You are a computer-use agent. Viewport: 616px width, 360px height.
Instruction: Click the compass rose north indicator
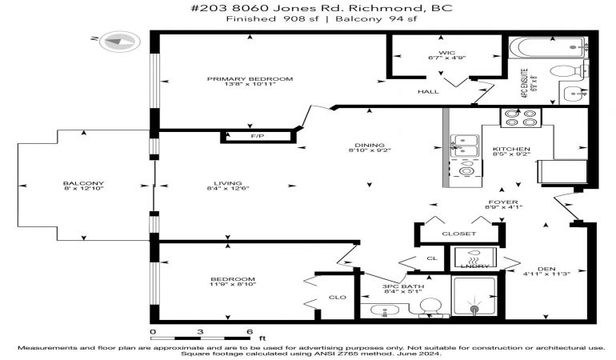pos(119,41)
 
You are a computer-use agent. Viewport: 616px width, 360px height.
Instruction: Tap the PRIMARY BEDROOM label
pos(250,79)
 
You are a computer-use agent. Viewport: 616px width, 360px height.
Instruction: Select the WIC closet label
pos(447,53)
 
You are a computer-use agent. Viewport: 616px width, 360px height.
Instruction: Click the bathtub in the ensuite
pos(549,48)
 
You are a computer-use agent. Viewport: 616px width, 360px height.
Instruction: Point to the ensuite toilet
pos(568,70)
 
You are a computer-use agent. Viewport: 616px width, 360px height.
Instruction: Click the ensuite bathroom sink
pos(574,94)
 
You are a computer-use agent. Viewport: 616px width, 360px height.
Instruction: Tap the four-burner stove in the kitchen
pos(521,118)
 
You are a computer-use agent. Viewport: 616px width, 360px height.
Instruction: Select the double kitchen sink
pos(464,146)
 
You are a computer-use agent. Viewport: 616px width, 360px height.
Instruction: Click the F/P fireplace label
pos(258,136)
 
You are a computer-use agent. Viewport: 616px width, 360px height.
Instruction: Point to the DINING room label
pos(370,145)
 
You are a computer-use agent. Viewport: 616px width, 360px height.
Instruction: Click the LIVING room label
pos(228,183)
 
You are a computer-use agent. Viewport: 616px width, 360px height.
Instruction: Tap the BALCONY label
pos(83,183)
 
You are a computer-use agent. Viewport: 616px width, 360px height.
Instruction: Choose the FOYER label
pos(503,202)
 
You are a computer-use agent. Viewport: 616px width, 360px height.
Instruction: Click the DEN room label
pos(546,269)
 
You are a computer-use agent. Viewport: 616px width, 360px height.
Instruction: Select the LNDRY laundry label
pos(474,266)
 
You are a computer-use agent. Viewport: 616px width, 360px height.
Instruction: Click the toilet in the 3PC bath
pos(430,306)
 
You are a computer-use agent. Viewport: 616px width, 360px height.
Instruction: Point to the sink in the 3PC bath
pos(385,311)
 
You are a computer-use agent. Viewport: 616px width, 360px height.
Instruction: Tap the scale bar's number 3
pos(200,332)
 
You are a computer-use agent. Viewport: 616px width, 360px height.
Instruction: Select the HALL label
pos(428,91)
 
